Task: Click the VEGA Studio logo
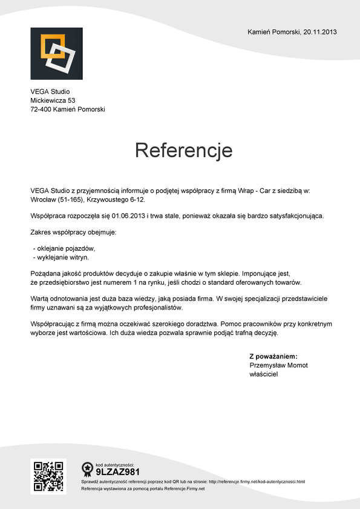coord(56,53)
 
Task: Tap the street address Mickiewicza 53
coord(53,100)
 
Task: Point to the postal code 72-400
coord(41,109)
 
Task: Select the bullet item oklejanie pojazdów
coord(65,248)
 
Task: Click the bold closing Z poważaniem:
coord(273,357)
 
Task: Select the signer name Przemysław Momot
coord(279,366)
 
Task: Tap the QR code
coord(48,476)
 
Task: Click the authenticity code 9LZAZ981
coord(118,472)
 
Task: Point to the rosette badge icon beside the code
coord(87,468)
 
